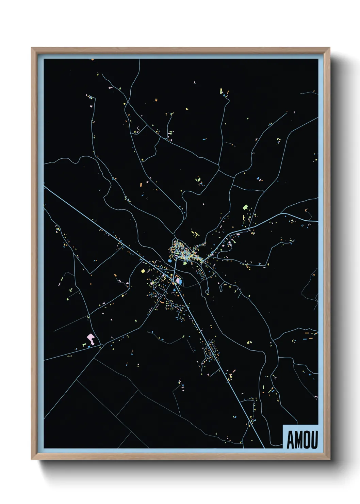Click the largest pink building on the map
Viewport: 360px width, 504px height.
(x=91, y=338)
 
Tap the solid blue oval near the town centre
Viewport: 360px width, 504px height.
(x=170, y=261)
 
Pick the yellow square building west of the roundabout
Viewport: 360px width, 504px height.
(x=143, y=271)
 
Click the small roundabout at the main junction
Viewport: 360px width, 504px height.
(x=173, y=280)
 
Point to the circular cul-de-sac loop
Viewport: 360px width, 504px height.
(x=207, y=291)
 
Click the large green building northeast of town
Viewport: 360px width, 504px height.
(x=245, y=207)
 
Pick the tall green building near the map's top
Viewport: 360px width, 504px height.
(x=221, y=91)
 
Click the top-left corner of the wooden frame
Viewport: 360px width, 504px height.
(x=32, y=48)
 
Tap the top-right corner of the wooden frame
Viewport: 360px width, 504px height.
(x=330, y=48)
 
